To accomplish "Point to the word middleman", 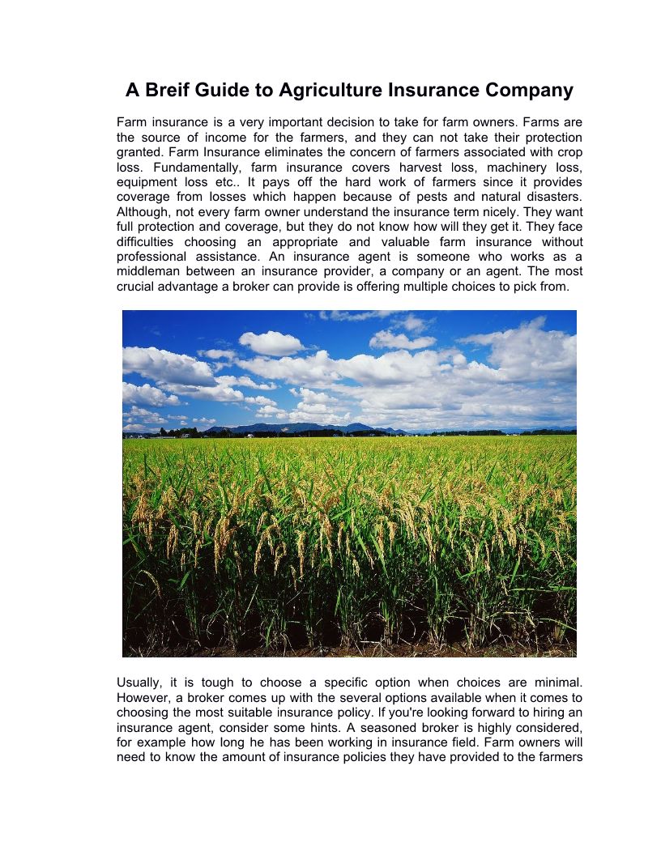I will [x=151, y=271].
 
